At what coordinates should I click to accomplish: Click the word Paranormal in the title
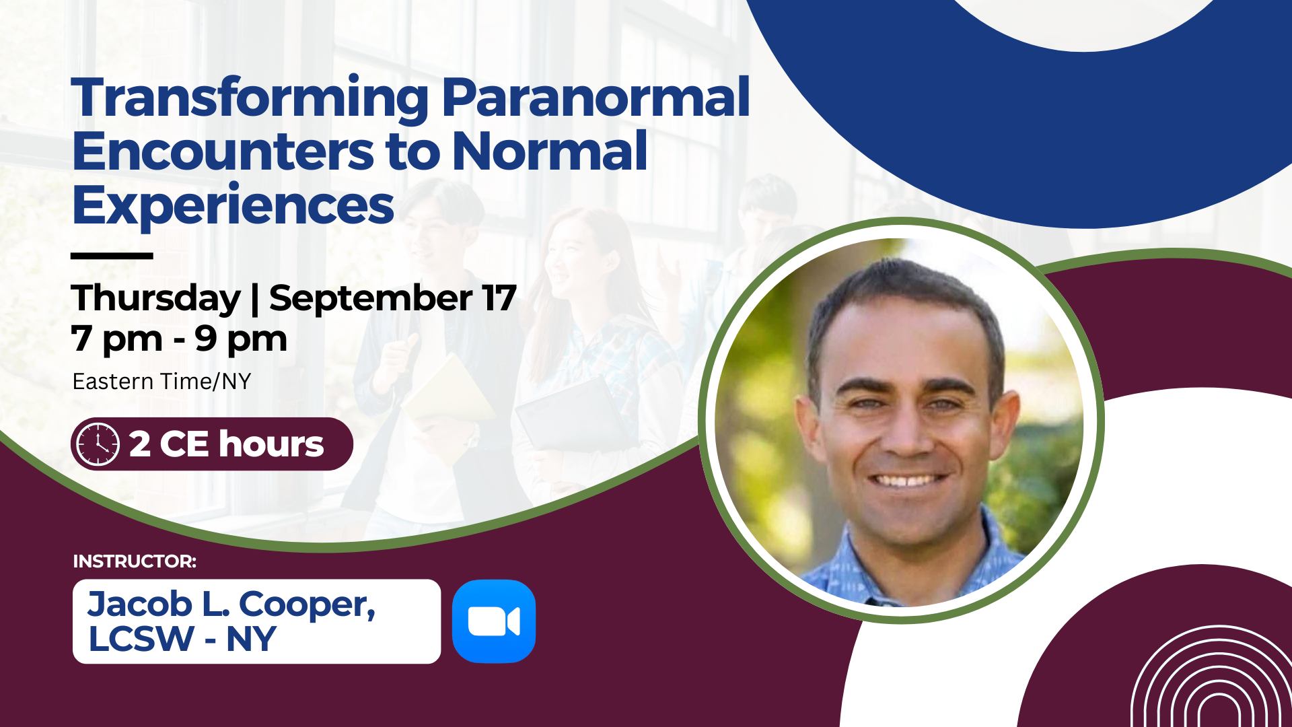[x=596, y=98]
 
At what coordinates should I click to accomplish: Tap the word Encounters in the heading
[x=223, y=151]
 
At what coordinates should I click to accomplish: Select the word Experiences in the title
[x=233, y=206]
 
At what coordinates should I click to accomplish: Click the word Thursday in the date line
[x=155, y=298]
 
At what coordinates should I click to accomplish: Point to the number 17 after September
[x=499, y=298]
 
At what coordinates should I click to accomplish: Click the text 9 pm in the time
[x=241, y=339]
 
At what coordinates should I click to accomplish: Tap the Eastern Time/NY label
[x=161, y=382]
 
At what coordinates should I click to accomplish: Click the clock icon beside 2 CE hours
[x=98, y=444]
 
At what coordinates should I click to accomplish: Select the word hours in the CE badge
[x=271, y=444]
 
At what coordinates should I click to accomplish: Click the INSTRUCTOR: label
[x=135, y=561]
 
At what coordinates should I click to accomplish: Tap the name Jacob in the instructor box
[x=140, y=604]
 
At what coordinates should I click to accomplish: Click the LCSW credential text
[x=141, y=639]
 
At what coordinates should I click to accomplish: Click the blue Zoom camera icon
[x=494, y=621]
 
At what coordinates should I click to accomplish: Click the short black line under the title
[x=112, y=256]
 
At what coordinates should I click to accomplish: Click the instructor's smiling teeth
[x=907, y=481]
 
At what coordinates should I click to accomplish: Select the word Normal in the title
[x=550, y=151]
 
